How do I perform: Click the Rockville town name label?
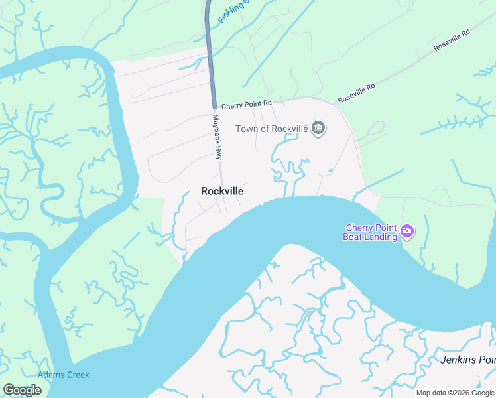click(x=221, y=191)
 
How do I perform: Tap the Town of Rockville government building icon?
click(x=318, y=128)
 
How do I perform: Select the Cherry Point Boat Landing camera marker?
click(x=406, y=232)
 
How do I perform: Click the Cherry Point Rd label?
click(x=247, y=105)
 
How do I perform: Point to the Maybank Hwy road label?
click(x=216, y=137)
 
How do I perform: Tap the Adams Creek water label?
click(x=64, y=375)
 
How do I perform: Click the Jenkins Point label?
click(x=467, y=360)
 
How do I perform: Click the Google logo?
click(x=22, y=390)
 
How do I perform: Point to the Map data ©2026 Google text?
click(x=454, y=393)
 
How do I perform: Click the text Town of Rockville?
click(x=273, y=129)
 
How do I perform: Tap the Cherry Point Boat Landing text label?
click(x=370, y=232)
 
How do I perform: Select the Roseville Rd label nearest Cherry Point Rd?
click(x=357, y=92)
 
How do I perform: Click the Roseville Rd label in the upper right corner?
click(x=452, y=40)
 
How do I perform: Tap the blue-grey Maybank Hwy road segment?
click(x=210, y=53)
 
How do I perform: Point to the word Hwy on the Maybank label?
click(x=217, y=153)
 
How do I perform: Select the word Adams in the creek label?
click(x=50, y=375)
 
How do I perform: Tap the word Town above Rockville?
click(x=247, y=129)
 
